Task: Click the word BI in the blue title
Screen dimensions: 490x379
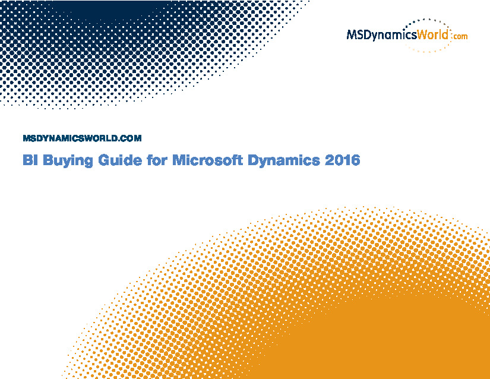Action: [x=31, y=160]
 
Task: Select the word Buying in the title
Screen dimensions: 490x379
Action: [x=68, y=161]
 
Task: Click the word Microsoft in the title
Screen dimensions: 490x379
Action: [x=207, y=160]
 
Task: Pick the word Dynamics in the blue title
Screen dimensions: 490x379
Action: [x=284, y=161]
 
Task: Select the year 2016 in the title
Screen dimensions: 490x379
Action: [x=343, y=160]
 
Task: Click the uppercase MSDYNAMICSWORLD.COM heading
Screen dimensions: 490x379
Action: [x=82, y=138]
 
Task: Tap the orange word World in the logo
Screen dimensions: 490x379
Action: [x=433, y=34]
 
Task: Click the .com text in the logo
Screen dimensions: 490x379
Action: [x=459, y=36]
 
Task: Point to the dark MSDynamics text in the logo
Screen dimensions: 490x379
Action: [x=382, y=35]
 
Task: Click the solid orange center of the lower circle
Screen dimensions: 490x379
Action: [x=391, y=340]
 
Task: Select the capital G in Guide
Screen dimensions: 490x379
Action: [x=104, y=160]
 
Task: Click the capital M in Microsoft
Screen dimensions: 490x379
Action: [x=179, y=160]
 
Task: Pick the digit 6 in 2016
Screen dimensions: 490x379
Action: [x=356, y=160]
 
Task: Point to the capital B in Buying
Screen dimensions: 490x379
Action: [x=48, y=160]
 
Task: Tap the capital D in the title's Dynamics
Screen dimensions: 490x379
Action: [x=253, y=160]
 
